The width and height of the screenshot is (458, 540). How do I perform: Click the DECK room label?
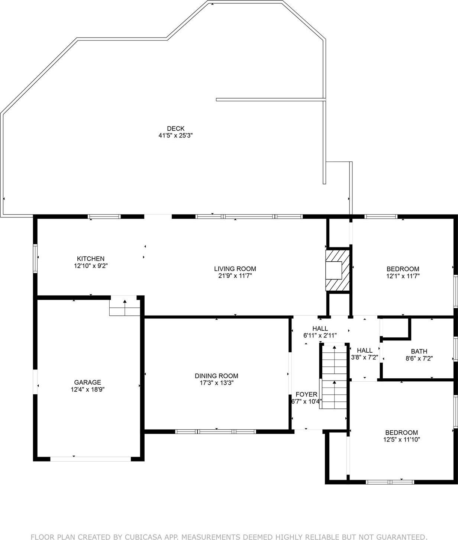click(175, 129)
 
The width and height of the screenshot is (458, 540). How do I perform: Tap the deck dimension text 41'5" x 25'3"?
click(175, 136)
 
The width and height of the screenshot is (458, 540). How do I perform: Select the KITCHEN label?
click(90, 259)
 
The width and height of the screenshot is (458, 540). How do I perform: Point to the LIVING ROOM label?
click(235, 269)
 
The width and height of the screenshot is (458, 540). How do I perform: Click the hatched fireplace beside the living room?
click(338, 270)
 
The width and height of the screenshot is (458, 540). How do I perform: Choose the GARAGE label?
click(87, 382)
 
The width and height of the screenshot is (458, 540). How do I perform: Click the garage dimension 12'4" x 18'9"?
click(87, 389)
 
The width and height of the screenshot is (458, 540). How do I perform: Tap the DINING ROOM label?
click(216, 376)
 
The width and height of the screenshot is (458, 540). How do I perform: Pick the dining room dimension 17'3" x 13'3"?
click(216, 383)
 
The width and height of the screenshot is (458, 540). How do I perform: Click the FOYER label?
click(306, 394)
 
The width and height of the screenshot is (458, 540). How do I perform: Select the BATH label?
click(419, 351)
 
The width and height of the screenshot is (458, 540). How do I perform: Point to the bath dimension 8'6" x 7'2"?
click(419, 359)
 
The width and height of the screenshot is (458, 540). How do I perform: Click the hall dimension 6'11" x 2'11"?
click(320, 336)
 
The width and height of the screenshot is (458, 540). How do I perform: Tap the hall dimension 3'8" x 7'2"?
click(365, 358)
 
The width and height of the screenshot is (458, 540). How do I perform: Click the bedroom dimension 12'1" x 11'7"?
click(403, 276)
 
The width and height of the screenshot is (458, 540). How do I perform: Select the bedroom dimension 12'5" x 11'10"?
click(401, 440)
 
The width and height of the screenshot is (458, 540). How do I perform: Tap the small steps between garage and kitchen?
click(125, 307)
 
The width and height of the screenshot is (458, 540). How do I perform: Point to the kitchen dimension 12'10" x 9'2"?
click(90, 266)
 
